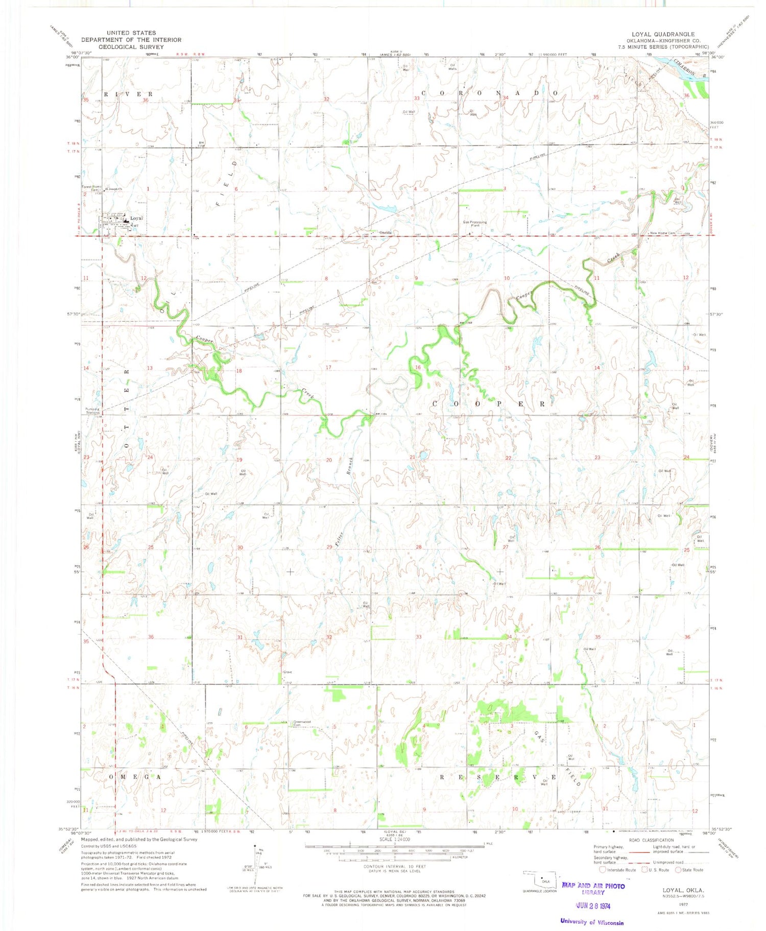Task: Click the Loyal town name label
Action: tap(136, 218)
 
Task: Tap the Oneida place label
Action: tap(385, 233)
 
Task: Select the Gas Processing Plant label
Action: tap(474, 224)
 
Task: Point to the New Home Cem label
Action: tap(662, 233)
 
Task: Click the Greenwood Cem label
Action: tap(302, 723)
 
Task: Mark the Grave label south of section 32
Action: tap(288, 672)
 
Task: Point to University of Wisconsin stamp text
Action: tap(591, 922)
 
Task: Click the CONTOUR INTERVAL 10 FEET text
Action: tap(394, 867)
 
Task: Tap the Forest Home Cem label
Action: tap(91, 188)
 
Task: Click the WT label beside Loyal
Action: tap(136, 226)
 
